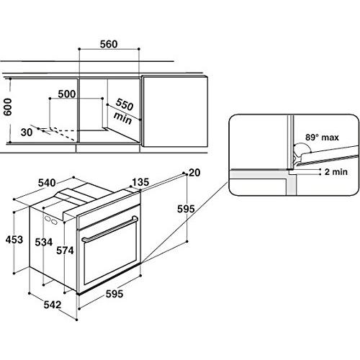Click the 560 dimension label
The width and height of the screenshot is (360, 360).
click(109, 44)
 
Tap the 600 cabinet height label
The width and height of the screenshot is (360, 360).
click(7, 107)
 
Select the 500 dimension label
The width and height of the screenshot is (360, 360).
click(67, 94)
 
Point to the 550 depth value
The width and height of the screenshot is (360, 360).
click(125, 104)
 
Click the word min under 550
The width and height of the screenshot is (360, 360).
click(122, 118)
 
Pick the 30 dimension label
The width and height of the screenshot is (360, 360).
click(27, 132)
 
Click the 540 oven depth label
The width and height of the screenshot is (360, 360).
click(47, 183)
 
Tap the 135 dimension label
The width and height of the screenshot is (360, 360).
click(140, 182)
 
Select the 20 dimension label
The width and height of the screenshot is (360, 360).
click(194, 173)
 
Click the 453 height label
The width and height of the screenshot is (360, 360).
click(14, 240)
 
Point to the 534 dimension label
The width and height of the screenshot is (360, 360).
click(44, 242)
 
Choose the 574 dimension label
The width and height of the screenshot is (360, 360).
click(65, 251)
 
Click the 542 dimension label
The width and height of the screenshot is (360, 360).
click(53, 305)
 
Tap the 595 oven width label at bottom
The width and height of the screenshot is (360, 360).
click(114, 294)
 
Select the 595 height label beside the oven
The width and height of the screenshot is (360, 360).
click(186, 209)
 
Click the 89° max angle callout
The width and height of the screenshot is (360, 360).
click(322, 138)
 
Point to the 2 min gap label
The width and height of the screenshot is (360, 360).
click(336, 172)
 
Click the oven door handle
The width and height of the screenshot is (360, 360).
click(110, 229)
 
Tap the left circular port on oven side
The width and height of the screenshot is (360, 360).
click(48, 218)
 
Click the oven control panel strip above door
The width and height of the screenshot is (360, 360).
click(109, 210)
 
